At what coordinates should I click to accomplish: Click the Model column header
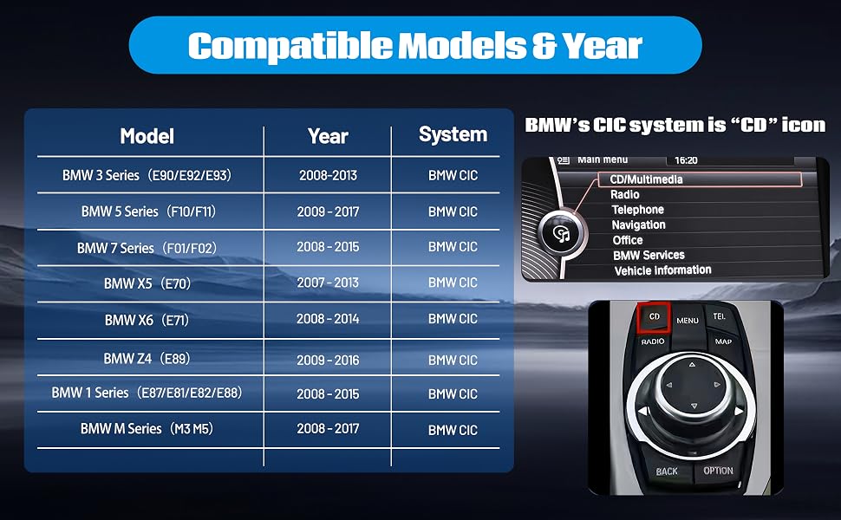[147, 136]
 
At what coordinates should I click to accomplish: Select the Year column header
[328, 136]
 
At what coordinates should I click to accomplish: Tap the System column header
[453, 134]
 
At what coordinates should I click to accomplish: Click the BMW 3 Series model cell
[147, 175]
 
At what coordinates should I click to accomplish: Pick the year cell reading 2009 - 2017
[328, 211]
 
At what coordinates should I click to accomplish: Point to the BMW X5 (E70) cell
[147, 283]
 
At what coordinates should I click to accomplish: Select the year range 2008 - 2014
[328, 319]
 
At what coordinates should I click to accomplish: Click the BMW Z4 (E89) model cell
[147, 359]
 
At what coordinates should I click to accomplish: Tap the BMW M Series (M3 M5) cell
[147, 429]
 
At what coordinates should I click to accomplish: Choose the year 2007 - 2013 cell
[328, 283]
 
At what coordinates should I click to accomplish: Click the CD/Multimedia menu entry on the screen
[646, 179]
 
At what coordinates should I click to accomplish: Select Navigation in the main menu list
[638, 225]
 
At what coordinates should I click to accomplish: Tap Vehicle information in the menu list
[663, 270]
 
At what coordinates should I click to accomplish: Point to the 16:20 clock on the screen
[686, 160]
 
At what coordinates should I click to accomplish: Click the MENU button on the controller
[688, 321]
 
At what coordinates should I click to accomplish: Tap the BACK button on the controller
[667, 471]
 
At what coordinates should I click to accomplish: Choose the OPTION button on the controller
[718, 471]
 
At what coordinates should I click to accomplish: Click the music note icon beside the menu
[562, 234]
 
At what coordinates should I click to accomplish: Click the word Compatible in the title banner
[290, 46]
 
